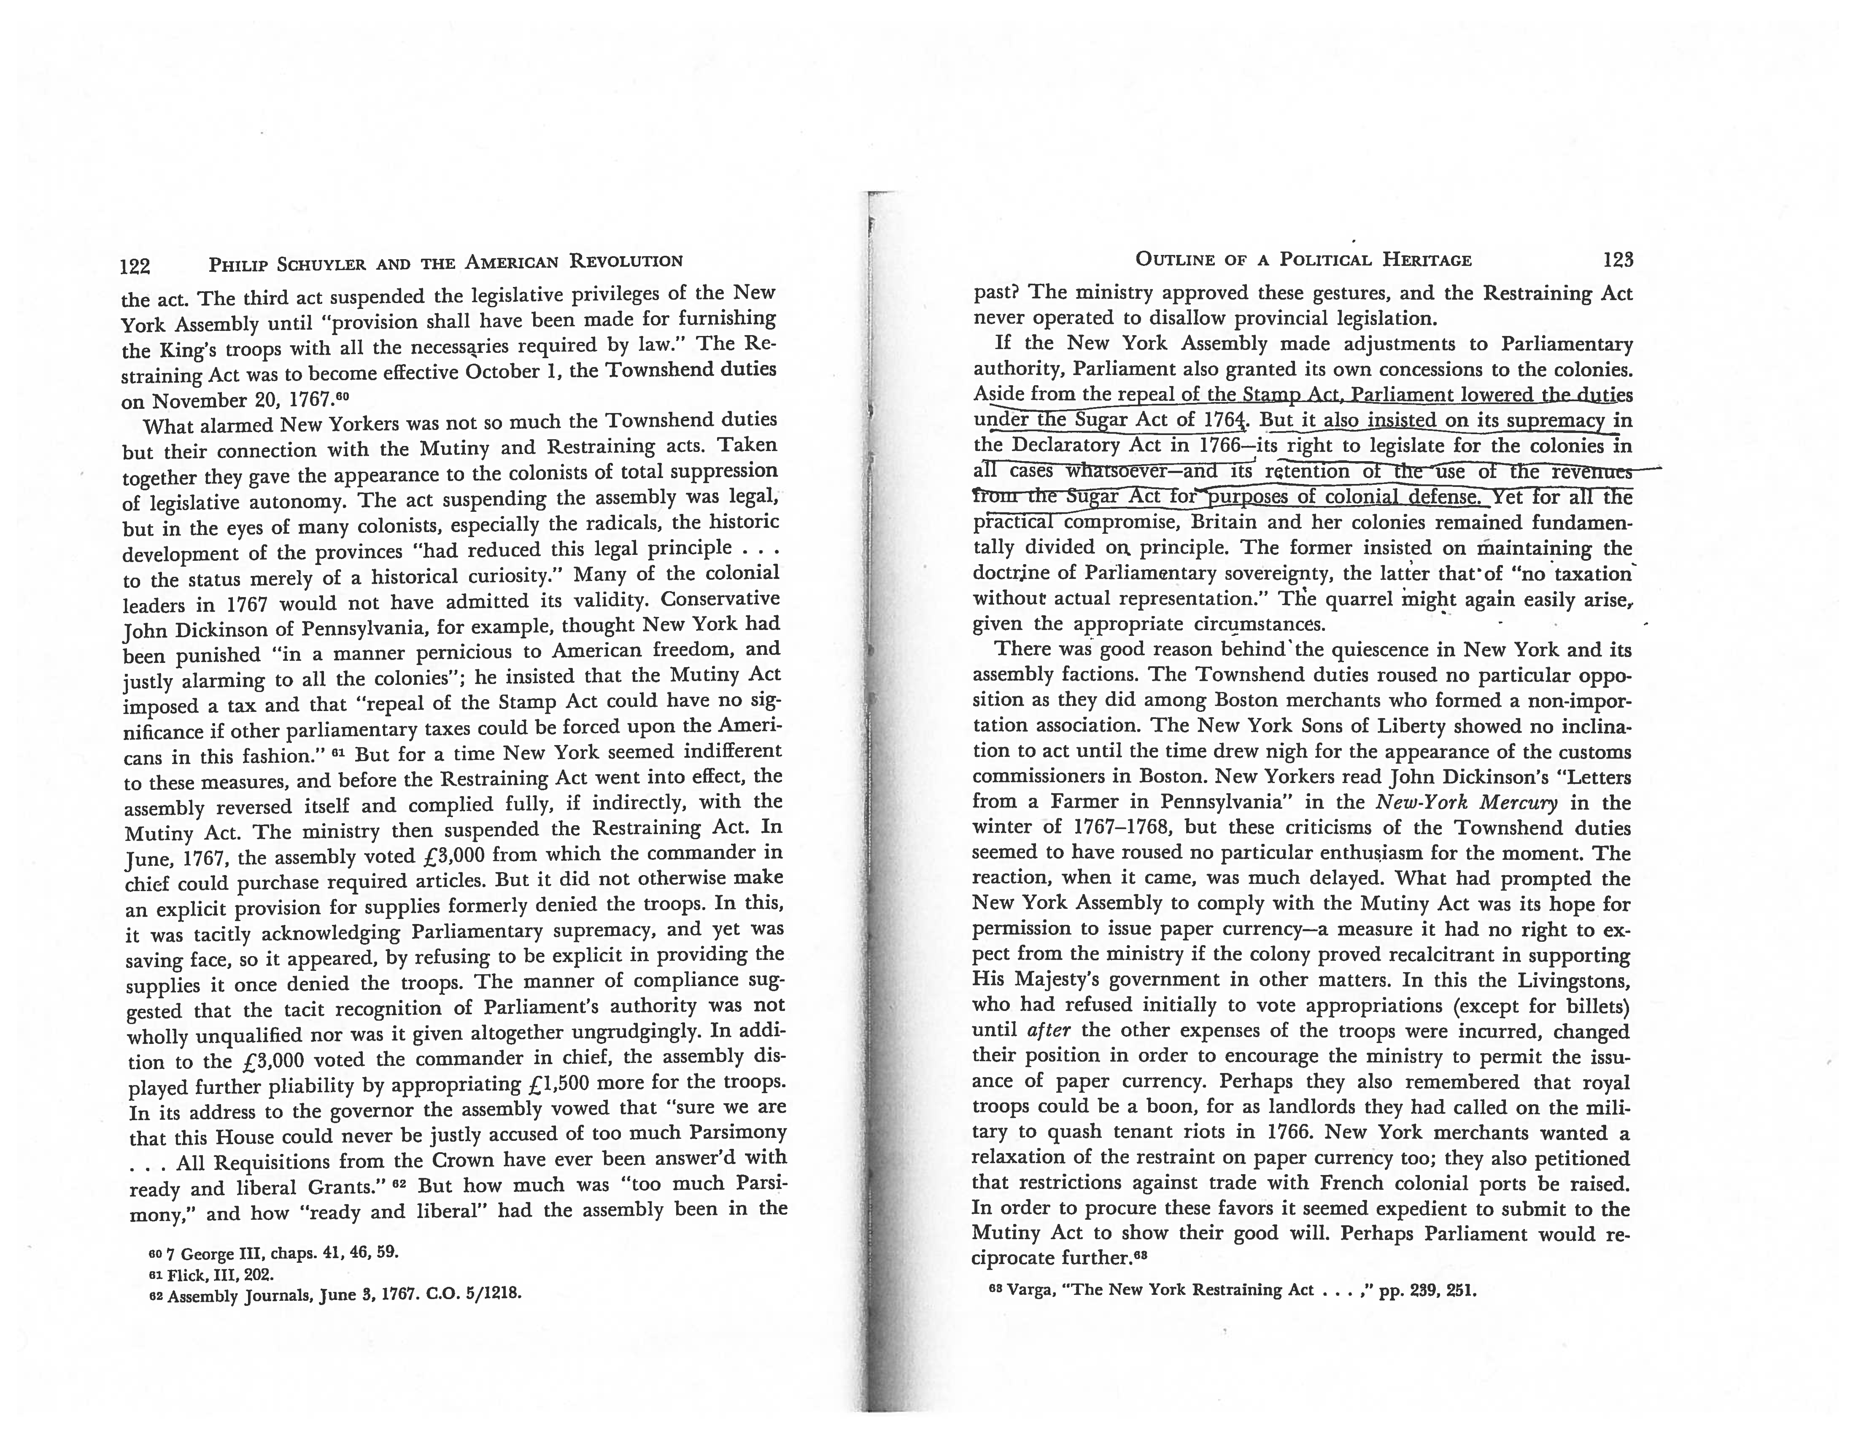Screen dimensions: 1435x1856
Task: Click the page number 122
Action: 135,266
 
